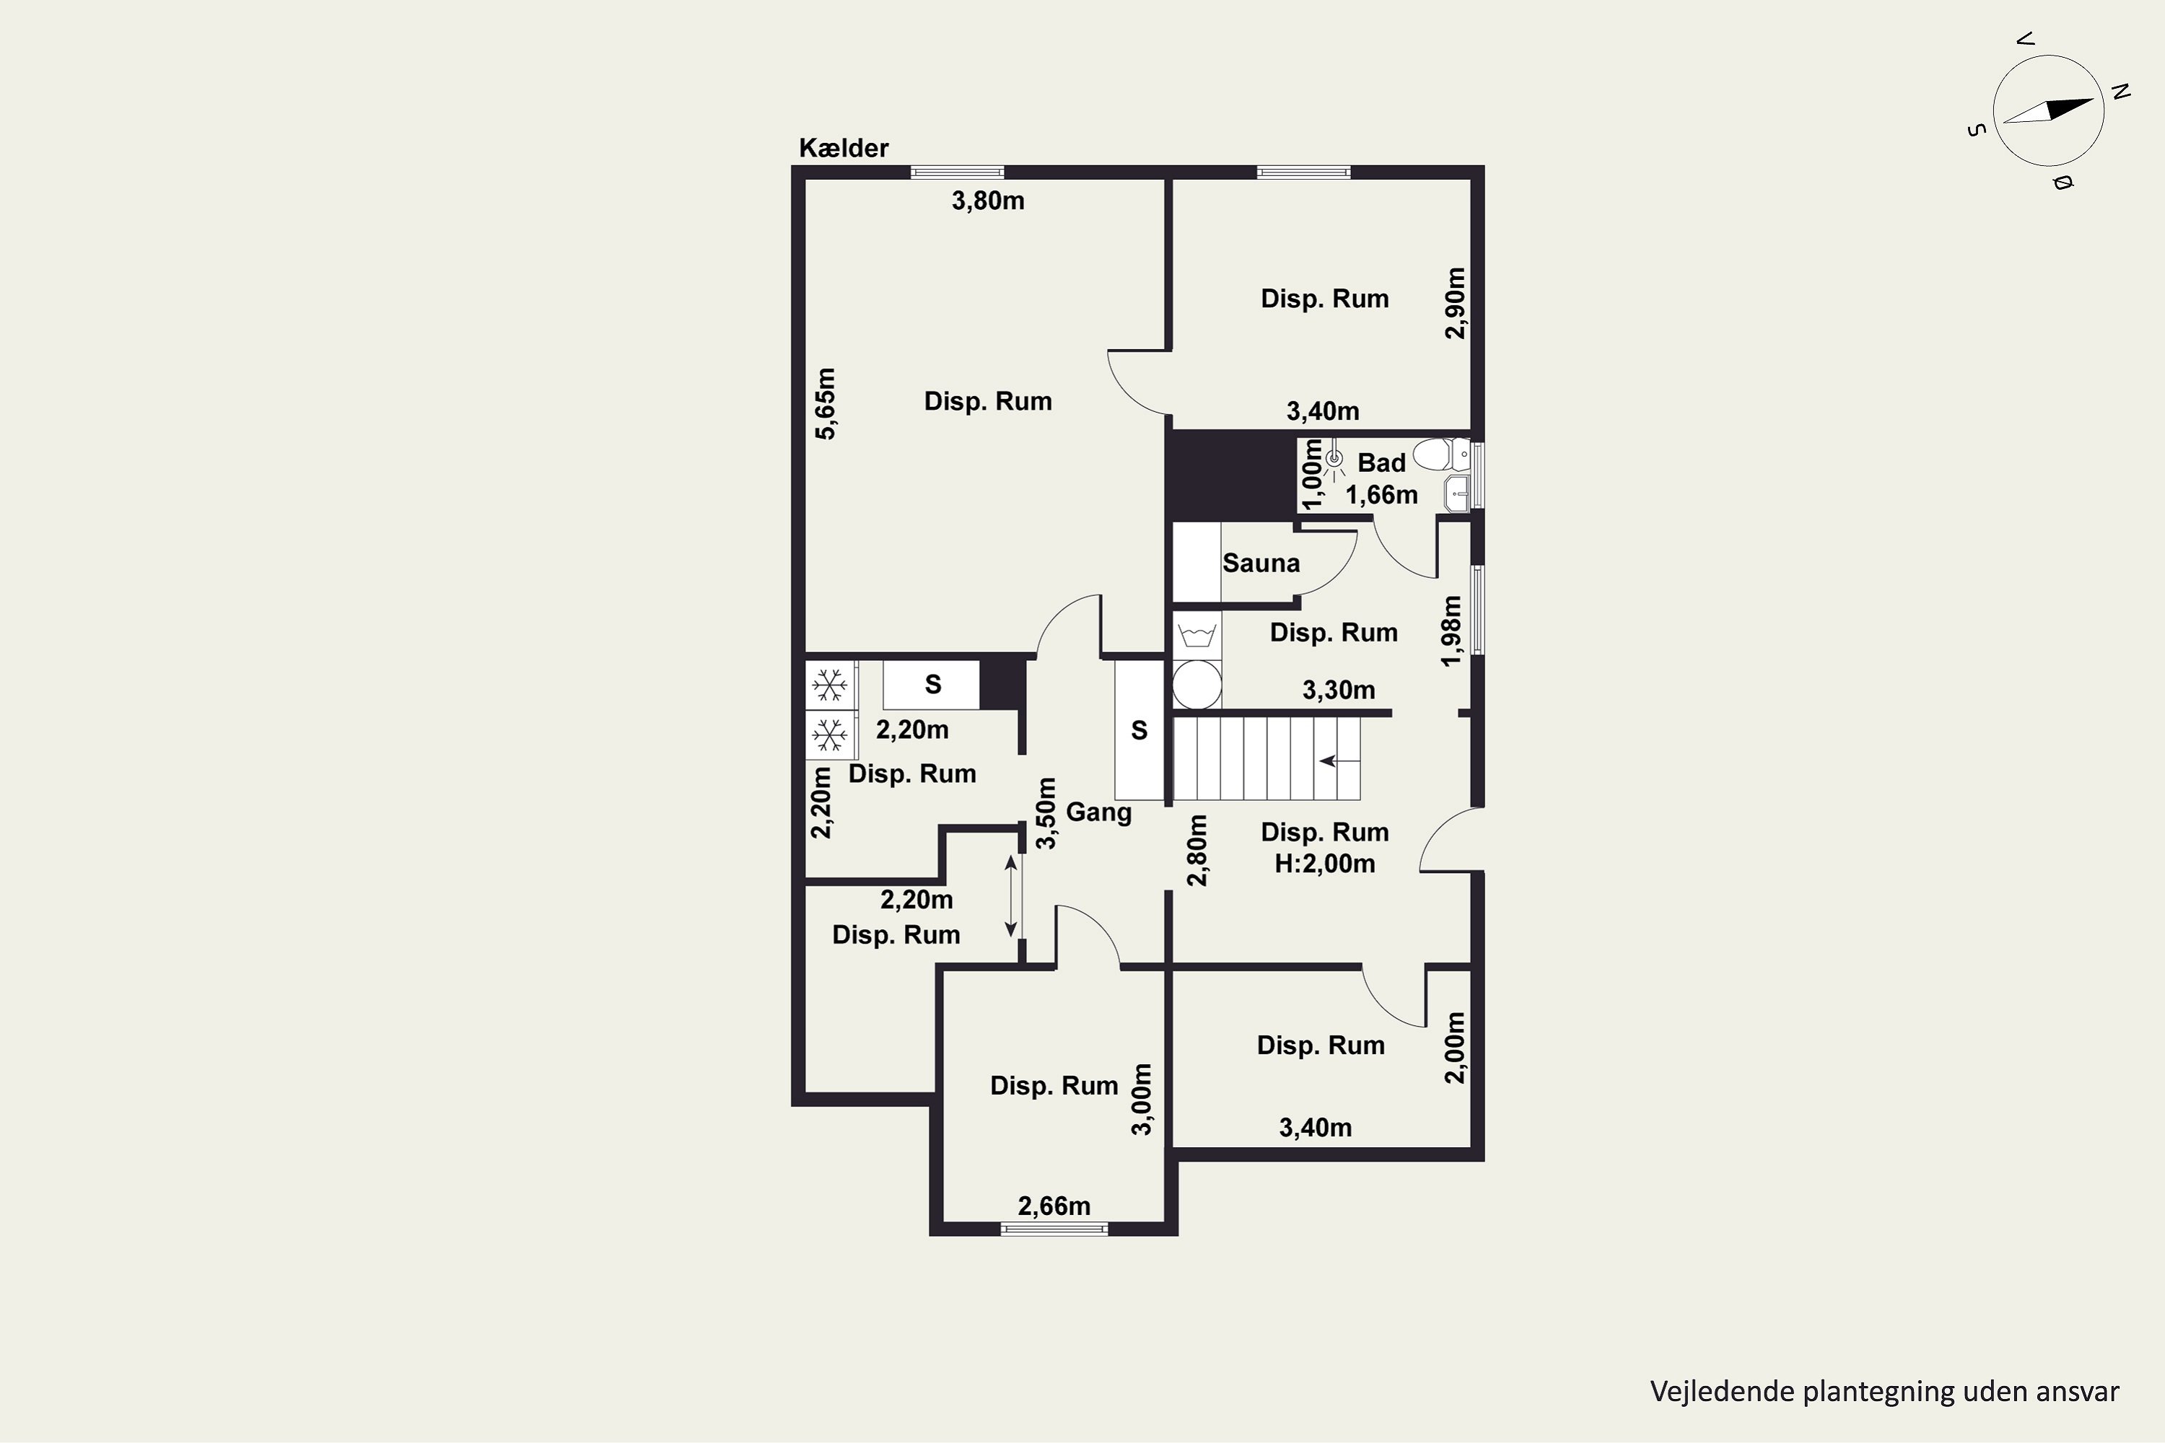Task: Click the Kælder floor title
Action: (843, 148)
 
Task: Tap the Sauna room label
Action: (1261, 563)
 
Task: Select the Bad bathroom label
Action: (1382, 463)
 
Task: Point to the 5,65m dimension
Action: (826, 404)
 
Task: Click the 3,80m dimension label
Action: (988, 201)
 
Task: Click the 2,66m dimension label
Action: (1054, 1206)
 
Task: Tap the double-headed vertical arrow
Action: (1011, 895)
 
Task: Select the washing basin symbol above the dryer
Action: (1197, 636)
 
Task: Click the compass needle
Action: (2048, 110)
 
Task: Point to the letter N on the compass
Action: (2121, 91)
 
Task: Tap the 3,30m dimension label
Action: (1339, 690)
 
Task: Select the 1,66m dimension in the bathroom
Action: (1382, 495)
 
